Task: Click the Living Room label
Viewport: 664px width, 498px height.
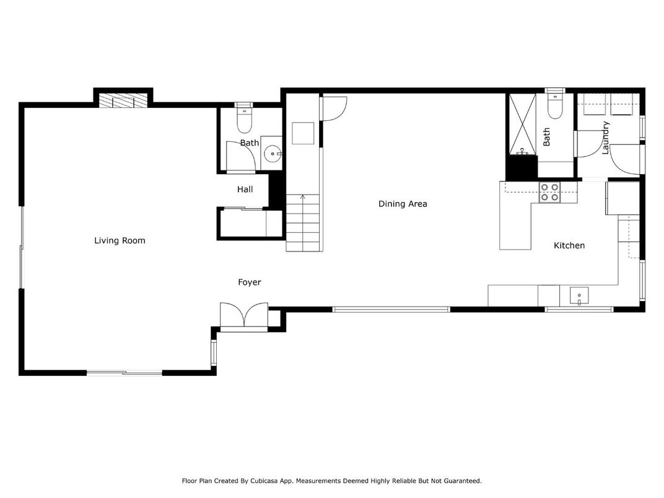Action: point(120,240)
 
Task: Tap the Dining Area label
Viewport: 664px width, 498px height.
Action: point(403,204)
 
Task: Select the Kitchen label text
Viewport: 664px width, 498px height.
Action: point(569,246)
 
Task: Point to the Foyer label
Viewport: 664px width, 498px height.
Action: point(250,282)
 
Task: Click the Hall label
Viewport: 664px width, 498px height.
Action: point(245,190)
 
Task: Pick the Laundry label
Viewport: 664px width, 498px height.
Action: point(606,137)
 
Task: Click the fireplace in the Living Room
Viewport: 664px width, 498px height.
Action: point(124,100)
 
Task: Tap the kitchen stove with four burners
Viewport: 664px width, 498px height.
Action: point(549,193)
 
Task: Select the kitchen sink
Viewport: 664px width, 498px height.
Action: point(579,295)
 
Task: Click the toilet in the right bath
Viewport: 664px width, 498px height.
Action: point(554,108)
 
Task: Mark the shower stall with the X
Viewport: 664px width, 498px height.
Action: point(522,124)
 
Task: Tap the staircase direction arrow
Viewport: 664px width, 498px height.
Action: point(303,198)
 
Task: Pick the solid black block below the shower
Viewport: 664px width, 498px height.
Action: point(522,167)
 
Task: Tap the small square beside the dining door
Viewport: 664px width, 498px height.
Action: point(304,133)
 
